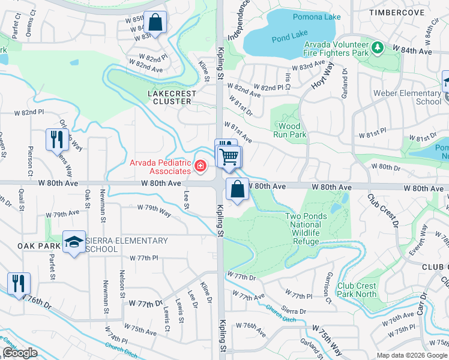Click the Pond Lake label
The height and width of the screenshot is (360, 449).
pos(290,37)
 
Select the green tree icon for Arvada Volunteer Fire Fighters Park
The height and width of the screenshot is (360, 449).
pos(377,46)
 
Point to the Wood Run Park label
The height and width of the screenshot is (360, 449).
pos(289,130)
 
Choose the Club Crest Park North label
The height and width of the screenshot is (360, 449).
pos(357,290)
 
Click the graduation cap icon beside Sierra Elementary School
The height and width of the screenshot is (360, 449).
pos(74,242)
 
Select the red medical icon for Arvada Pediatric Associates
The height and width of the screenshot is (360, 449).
pos(200,166)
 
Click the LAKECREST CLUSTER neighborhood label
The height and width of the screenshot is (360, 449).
pos(172,97)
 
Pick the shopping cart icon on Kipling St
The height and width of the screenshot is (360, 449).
pos(229,157)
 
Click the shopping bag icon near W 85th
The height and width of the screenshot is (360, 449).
pos(155,23)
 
